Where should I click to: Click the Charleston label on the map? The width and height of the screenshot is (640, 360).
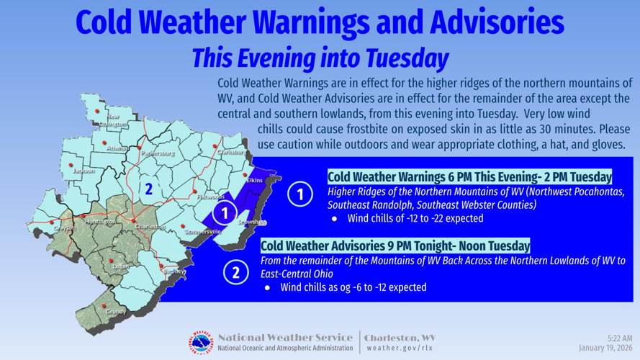[150, 228]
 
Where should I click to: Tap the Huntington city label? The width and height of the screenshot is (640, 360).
[100, 222]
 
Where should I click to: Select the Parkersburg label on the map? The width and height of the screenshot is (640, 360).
[158, 153]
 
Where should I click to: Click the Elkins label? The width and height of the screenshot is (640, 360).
[254, 180]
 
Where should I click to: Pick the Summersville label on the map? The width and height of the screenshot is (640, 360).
[202, 232]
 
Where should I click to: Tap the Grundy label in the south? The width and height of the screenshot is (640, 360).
[115, 312]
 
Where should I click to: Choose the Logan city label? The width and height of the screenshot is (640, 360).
[120, 266]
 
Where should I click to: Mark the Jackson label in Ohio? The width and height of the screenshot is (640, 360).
[84, 171]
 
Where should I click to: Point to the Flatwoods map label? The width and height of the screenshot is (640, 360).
[211, 197]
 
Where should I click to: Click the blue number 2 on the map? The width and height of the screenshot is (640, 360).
[148, 189]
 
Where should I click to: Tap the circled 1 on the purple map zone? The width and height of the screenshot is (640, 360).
[226, 212]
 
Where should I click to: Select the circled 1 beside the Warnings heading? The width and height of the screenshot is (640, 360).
[299, 194]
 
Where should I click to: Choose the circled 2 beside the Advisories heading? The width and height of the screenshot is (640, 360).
[235, 272]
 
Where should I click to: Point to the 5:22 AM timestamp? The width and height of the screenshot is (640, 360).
[619, 338]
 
